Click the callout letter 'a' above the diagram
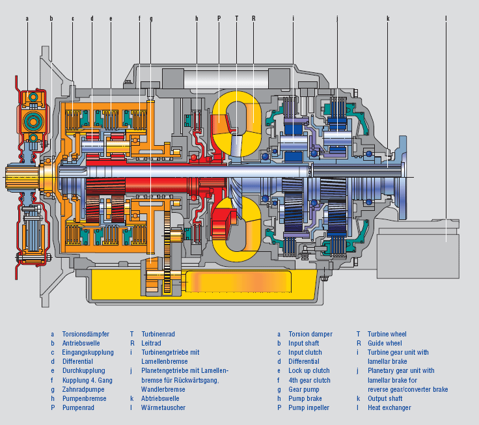[27, 19]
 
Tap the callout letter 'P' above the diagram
[219, 18]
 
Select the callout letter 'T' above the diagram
[236, 18]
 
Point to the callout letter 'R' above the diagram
[254, 18]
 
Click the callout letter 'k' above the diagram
[388, 18]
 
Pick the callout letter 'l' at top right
[446, 18]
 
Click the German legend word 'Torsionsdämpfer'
[85, 334]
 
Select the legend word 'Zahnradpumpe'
[83, 390]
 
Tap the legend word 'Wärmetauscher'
[163, 407]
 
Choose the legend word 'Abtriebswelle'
[160, 398]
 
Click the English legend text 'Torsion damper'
[310, 334]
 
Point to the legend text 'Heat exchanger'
[389, 407]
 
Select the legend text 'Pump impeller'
[309, 407]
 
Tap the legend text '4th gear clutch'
[309, 380]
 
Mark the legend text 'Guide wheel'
[385, 343]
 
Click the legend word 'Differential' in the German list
[77, 361]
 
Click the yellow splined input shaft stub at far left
[22, 177]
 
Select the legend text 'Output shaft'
[385, 398]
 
